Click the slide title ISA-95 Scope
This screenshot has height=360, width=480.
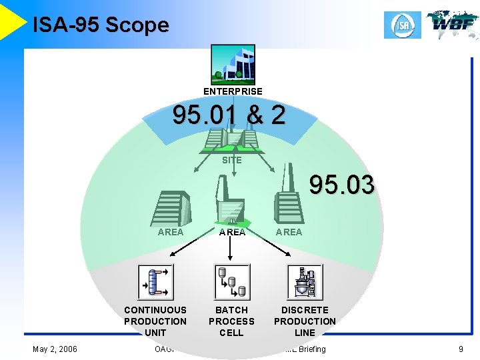[101, 25]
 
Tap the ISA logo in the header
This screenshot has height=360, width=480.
[403, 25]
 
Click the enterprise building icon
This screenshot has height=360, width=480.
[233, 65]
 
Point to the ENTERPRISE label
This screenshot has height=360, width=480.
[233, 91]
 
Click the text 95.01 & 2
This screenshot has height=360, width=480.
[229, 116]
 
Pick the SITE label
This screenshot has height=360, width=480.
[232, 160]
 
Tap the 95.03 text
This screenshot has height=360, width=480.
[341, 185]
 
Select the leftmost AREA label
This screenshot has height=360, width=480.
[170, 232]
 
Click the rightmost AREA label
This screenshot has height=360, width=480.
[289, 232]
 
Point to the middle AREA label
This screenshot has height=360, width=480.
[232, 232]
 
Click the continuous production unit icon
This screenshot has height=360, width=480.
[155, 282]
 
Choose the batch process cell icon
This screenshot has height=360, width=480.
[231, 282]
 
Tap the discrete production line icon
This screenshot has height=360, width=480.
[305, 282]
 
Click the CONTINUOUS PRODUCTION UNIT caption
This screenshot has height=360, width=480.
[155, 321]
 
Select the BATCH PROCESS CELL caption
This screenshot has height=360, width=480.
[231, 321]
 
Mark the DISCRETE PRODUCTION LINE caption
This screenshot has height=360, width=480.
[305, 321]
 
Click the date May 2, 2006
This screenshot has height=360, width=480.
[55, 349]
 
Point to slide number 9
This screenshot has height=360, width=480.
[461, 349]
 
